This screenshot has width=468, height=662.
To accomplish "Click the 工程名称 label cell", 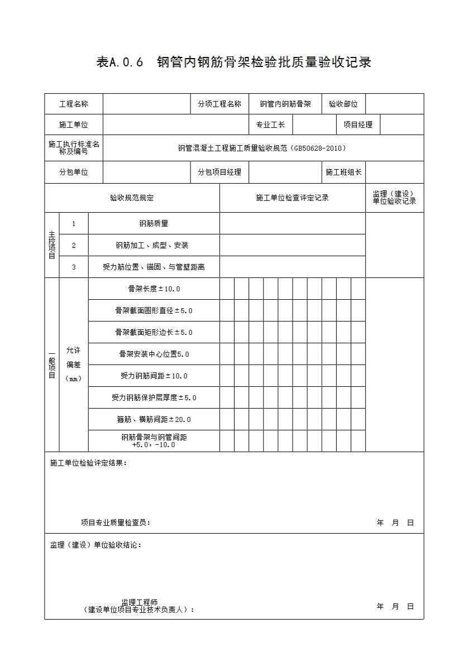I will [74, 104].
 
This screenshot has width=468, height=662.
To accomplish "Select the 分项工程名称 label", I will [219, 104].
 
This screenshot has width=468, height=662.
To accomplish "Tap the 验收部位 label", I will [343, 104].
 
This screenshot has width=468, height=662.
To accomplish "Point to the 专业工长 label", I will [270, 124].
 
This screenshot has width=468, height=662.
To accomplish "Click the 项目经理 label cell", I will [358, 124].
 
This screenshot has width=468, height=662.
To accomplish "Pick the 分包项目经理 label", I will [219, 172].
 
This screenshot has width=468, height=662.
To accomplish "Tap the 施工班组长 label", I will [343, 172].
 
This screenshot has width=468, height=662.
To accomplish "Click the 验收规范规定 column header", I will [132, 198].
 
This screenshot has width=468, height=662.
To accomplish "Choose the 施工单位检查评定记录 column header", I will [292, 198].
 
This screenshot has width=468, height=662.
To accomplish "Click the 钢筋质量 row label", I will [154, 223].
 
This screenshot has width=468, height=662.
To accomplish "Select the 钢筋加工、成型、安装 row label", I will [152, 245].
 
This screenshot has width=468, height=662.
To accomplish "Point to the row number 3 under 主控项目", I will [74, 267].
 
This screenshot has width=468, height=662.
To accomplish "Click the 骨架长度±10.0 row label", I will [154, 289].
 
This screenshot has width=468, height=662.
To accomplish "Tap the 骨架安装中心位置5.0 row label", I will [154, 354].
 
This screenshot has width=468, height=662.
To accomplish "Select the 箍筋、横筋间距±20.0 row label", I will [154, 419].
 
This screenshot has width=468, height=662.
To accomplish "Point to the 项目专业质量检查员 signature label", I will [116, 522].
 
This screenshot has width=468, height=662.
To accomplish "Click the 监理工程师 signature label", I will [140, 603].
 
